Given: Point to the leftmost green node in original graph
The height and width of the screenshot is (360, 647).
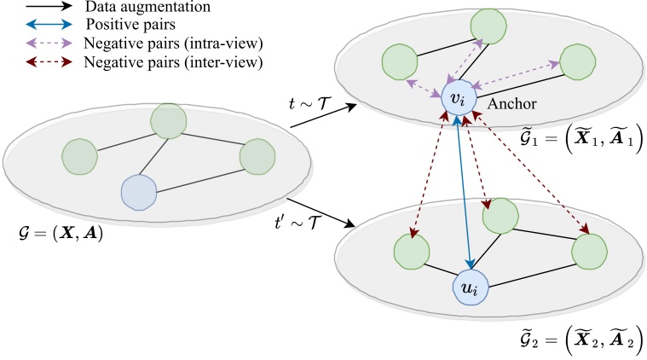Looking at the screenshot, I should (79, 156).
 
